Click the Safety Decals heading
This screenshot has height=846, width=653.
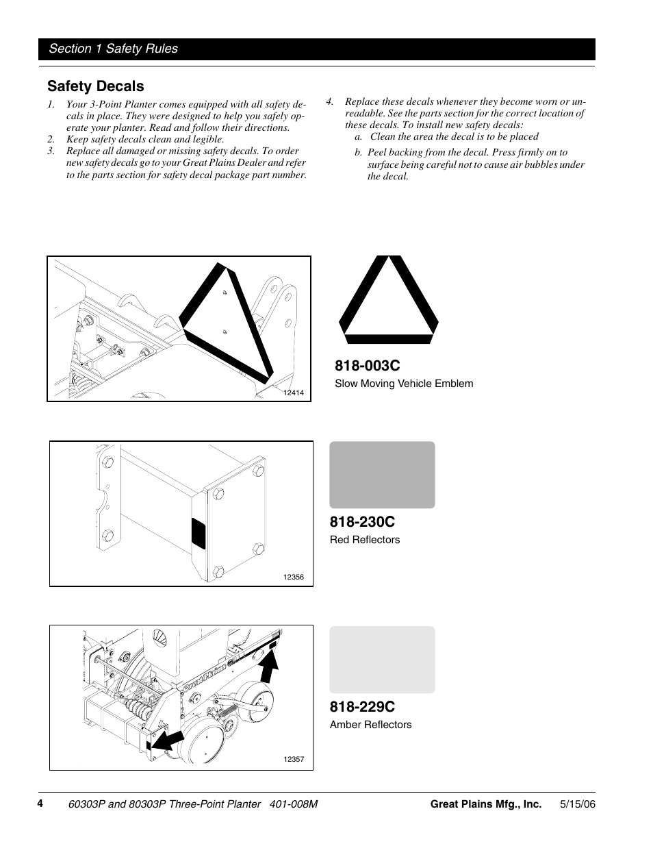[96, 86]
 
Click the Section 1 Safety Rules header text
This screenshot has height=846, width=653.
[113, 49]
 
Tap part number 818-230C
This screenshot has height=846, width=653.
[362, 522]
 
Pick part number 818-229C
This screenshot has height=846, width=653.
[362, 706]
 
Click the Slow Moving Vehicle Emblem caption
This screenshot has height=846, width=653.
[404, 384]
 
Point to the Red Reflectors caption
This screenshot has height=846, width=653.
[365, 540]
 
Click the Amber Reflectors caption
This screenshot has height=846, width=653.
[371, 725]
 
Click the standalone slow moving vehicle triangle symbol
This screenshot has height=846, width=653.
[388, 301]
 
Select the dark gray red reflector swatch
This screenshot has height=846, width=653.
[382, 475]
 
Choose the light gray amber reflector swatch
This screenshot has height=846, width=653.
[382, 660]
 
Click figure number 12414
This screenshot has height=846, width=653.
[293, 393]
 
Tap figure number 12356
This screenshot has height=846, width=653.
[293, 577]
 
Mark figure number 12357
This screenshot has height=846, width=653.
[293, 760]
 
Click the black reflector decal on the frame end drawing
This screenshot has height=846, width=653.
[199, 534]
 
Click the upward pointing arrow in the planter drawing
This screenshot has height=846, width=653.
[270, 665]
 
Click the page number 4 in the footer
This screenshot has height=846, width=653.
[40, 804]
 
